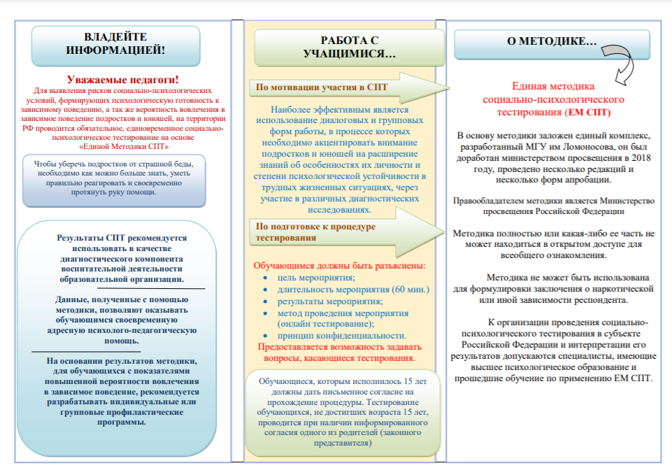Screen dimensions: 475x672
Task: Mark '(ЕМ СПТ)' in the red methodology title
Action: pos(587,112)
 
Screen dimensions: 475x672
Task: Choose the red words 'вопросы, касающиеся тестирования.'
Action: pos(336,358)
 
